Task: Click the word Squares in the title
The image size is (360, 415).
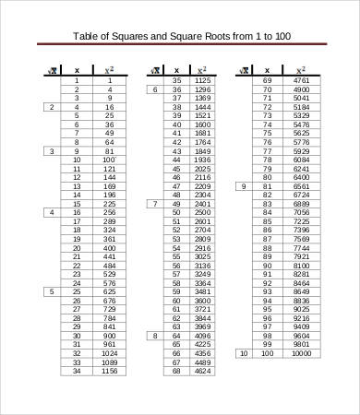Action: (x=135, y=37)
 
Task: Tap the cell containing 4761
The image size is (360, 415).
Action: (x=300, y=80)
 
